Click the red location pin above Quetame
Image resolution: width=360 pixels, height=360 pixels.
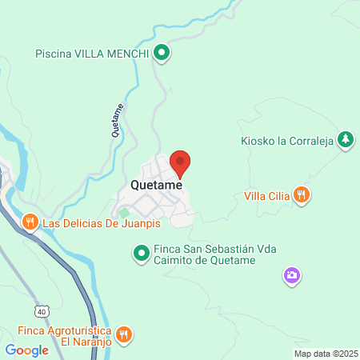point(180,162)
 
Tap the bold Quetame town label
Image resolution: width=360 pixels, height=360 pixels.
point(156,185)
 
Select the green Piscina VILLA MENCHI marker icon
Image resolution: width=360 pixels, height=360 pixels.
point(162,54)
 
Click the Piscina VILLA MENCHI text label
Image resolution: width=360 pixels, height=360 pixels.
point(93,54)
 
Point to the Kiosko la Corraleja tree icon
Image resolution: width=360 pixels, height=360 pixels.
point(345,139)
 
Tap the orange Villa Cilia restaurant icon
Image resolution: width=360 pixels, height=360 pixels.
point(301,194)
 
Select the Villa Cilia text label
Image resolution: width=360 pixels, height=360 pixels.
point(267,194)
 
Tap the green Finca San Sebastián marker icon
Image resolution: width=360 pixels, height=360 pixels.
point(141,254)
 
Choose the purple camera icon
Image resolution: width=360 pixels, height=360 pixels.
point(292,276)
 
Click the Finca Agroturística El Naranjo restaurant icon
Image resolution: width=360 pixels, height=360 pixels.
point(124,334)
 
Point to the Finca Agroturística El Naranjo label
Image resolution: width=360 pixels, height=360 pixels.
point(64,334)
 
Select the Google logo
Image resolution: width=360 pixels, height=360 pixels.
point(26,350)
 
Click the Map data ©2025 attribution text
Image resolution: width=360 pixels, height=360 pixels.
point(325,353)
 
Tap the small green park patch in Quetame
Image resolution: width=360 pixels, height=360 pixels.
point(124,213)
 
